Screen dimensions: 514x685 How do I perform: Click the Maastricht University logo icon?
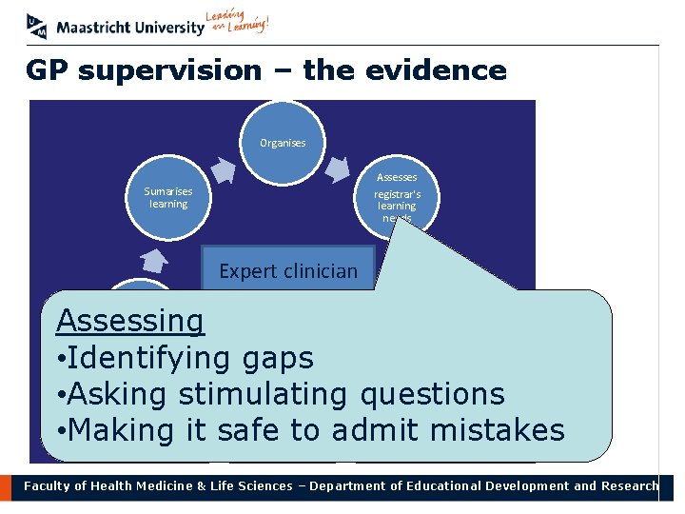(x=38, y=26)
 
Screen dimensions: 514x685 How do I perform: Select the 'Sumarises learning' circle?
(x=168, y=198)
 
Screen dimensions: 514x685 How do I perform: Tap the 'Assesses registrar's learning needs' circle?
(x=397, y=195)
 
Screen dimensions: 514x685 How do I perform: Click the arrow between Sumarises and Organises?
(x=223, y=169)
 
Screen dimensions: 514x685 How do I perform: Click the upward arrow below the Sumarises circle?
(x=154, y=260)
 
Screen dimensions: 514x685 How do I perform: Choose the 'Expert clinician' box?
(x=288, y=270)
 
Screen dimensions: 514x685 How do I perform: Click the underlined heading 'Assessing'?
(x=129, y=322)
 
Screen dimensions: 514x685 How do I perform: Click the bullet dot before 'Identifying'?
(x=61, y=359)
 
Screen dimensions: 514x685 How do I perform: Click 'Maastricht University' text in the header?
(x=130, y=28)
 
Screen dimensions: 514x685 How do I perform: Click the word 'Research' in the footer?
(x=628, y=485)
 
